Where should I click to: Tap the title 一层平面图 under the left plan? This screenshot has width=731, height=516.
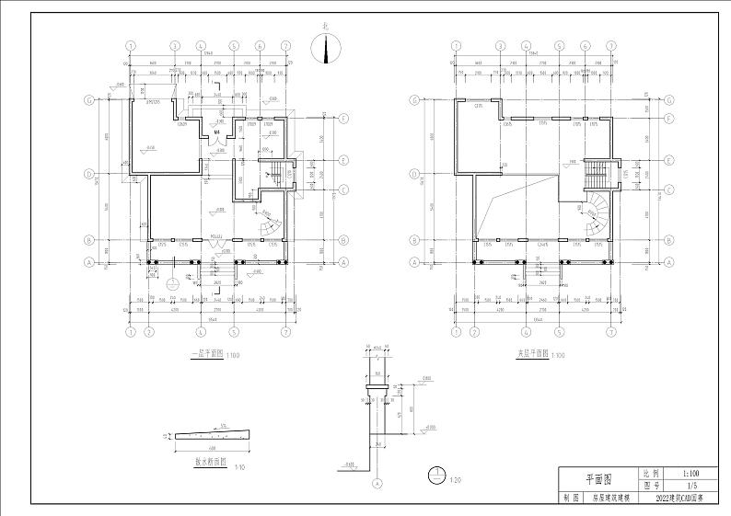click(205, 353)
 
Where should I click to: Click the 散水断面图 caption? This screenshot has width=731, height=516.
click(210, 464)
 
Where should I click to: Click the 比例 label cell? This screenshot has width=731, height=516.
click(651, 470)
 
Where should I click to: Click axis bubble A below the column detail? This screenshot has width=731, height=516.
click(376, 483)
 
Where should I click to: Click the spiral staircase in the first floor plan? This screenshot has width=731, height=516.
click(271, 224)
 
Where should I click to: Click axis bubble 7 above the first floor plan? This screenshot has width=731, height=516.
click(286, 45)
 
